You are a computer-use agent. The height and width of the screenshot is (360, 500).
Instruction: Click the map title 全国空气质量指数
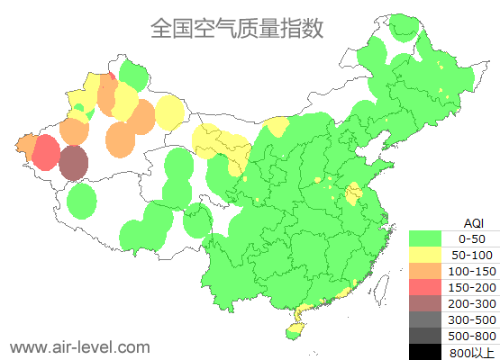tap(237, 28)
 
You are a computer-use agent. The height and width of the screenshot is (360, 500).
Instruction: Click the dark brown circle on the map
tap(74, 164)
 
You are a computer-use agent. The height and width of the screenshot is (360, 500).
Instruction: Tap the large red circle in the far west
tap(46, 153)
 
